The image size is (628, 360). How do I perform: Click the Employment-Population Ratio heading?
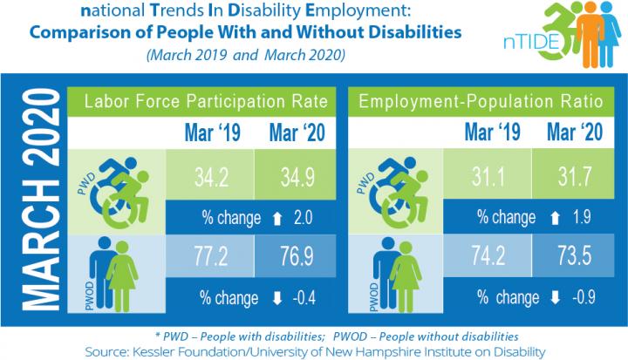click(482, 103)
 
